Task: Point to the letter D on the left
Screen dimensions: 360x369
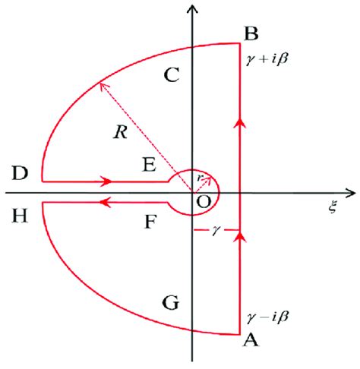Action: click(21, 173)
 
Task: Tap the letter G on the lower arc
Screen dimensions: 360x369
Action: click(172, 304)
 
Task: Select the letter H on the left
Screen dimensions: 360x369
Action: click(21, 216)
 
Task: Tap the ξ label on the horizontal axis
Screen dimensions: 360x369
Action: click(333, 209)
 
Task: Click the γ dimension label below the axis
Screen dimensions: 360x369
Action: click(217, 229)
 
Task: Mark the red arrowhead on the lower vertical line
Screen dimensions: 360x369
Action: click(240, 240)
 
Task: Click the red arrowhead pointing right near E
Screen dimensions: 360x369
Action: click(107, 182)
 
